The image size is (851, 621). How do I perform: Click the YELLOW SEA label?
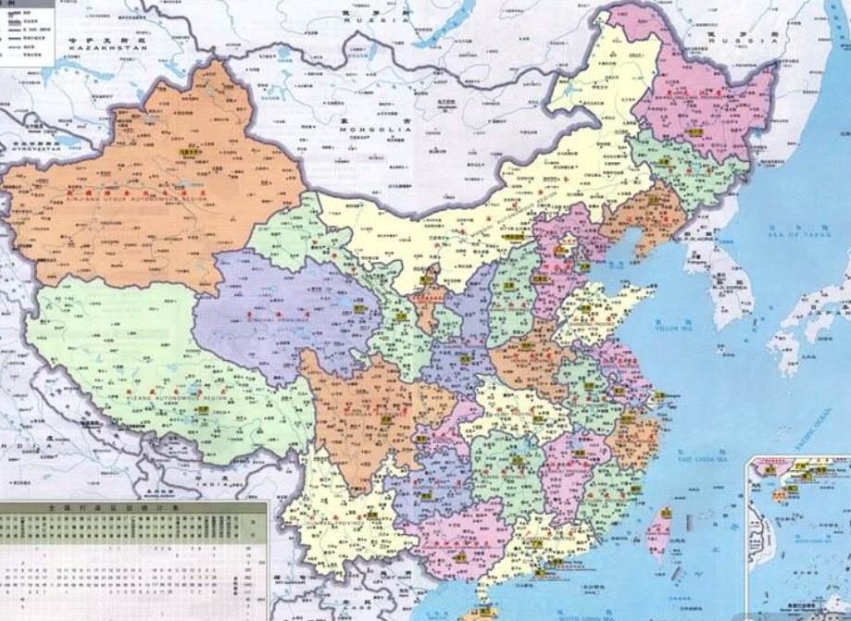[x=674, y=328]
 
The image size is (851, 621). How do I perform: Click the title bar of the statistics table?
[x=133, y=508]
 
